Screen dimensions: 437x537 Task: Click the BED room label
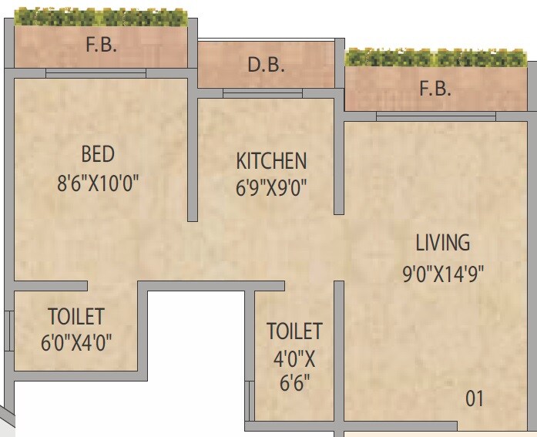pos(98,154)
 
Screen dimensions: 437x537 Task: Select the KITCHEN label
pos(271,161)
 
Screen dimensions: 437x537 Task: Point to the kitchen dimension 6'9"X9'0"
pos(271,188)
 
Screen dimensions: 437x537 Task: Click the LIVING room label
pos(442,243)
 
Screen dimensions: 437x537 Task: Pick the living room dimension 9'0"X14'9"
pos(442,274)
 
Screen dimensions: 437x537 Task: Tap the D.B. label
pos(266,66)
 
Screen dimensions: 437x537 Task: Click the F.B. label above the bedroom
pos(101,45)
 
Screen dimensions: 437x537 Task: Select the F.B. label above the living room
pos(435,89)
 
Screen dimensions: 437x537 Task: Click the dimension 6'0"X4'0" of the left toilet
pos(76,341)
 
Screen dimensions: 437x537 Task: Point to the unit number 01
pos(475,399)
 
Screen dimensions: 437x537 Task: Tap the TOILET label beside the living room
pos(294,331)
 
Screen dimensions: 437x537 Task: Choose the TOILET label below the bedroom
pos(76,316)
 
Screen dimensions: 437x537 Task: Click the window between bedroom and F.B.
pos(96,73)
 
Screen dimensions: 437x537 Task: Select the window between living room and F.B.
pos(435,116)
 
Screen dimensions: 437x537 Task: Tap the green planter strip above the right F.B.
pos(438,58)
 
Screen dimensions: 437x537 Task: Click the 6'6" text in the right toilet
pos(294,381)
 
